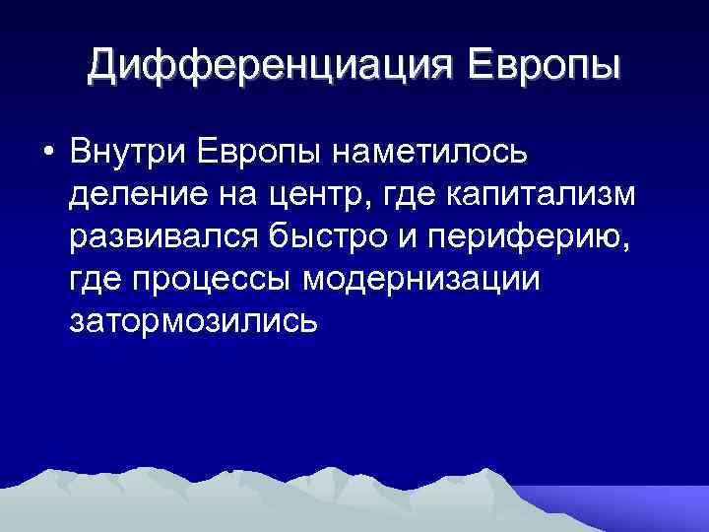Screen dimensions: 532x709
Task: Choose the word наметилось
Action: click(432, 153)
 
